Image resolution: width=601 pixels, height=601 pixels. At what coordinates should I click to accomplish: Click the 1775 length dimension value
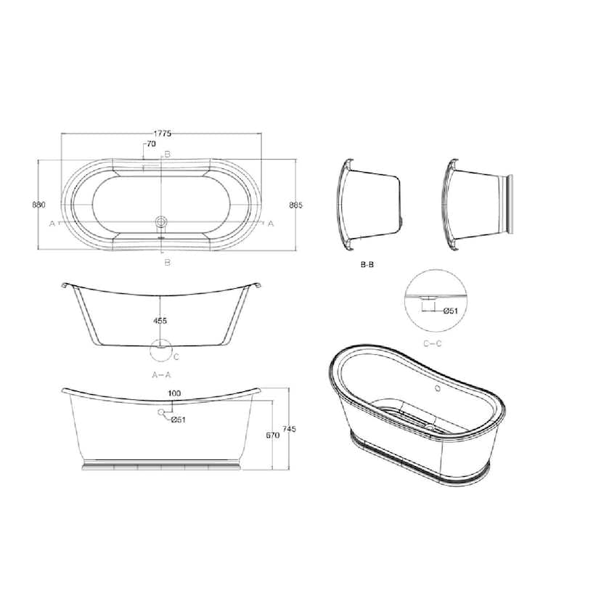[162, 134]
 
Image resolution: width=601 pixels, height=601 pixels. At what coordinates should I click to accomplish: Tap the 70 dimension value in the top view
[151, 144]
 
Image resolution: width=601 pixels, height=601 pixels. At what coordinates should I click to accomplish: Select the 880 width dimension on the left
[38, 205]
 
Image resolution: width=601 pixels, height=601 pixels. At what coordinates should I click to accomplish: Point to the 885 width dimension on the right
[295, 205]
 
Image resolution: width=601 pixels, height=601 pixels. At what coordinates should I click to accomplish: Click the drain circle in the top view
[161, 221]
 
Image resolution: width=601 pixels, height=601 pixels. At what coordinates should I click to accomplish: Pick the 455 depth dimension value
[160, 321]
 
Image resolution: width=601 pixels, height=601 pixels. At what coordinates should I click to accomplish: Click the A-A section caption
[161, 375]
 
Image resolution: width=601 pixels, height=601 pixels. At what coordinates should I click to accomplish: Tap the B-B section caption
[367, 264]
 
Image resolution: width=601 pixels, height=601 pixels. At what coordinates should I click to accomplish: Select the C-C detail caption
[433, 343]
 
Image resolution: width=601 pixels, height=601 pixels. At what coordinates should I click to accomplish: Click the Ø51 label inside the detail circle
[450, 311]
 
